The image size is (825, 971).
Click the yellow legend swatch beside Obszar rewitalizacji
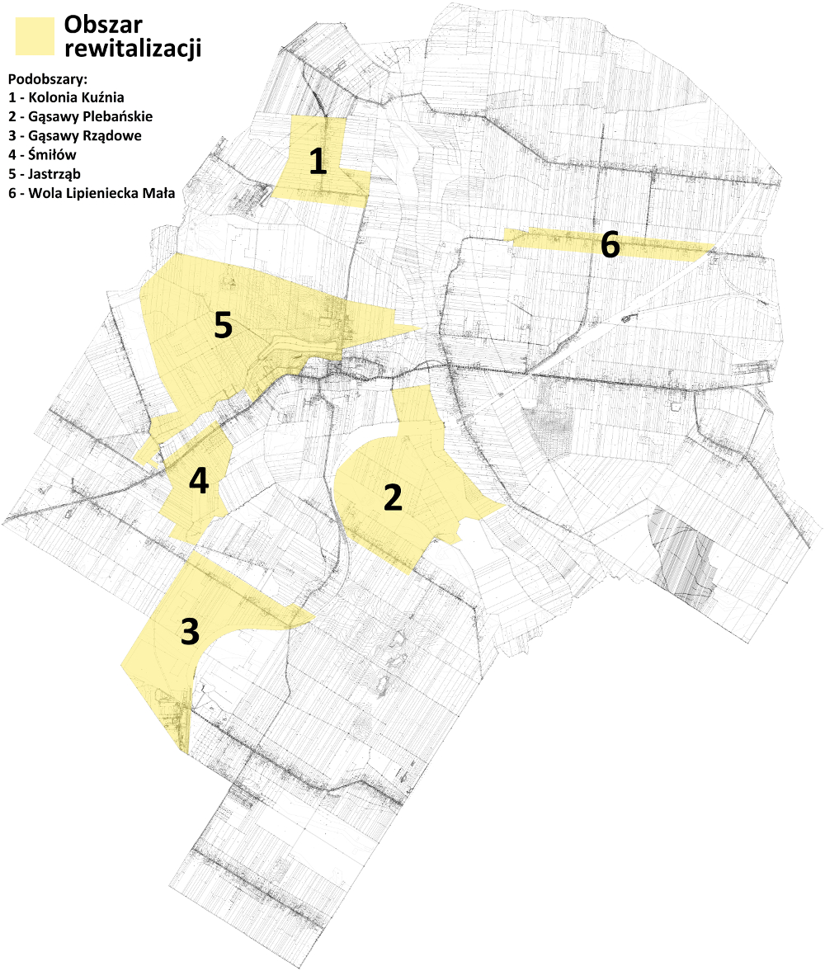click(35, 36)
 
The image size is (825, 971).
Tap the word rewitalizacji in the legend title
click(133, 49)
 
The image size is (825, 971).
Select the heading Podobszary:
click(47, 80)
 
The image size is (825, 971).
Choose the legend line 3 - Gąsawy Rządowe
click(74, 136)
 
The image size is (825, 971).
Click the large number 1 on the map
click(318, 162)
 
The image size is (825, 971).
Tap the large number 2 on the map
click(393, 497)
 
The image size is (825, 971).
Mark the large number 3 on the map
click(190, 632)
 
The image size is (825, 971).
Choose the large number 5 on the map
click(222, 326)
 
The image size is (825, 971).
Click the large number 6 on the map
click(609, 244)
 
